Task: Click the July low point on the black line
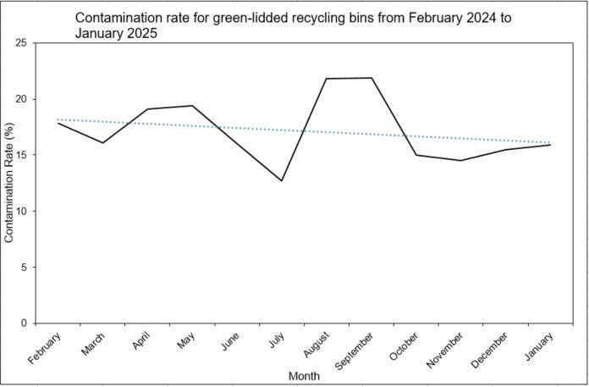coord(282,180)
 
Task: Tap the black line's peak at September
coord(372,78)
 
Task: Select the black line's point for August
coord(327,79)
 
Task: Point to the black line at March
coord(102,142)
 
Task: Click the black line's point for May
coord(192,106)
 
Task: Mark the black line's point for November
coord(461,160)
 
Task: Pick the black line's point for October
coord(416,155)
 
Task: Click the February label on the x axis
coord(46,349)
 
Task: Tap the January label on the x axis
coord(539,347)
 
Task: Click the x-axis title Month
coord(304,375)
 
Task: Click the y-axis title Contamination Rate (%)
coord(9,183)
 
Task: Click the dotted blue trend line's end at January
coord(551,142)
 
